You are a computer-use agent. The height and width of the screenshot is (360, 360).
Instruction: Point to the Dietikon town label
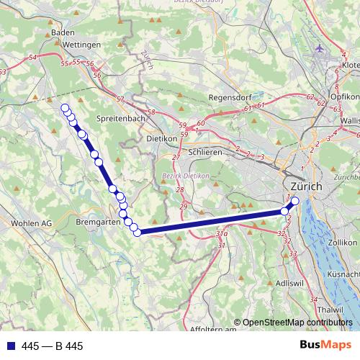click(x=161, y=138)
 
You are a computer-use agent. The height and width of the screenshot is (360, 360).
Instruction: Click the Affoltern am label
click(x=214, y=330)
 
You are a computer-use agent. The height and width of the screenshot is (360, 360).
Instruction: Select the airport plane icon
click(x=320, y=49)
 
